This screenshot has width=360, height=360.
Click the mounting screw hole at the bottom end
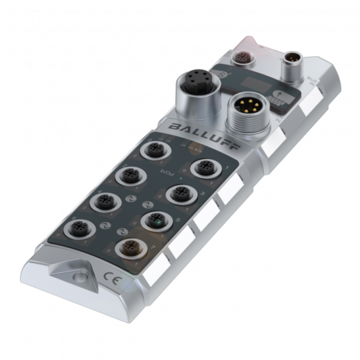coord(79,279)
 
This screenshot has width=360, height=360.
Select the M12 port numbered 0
coord(154,151)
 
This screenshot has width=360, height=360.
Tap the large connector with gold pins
coord(244,109)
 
